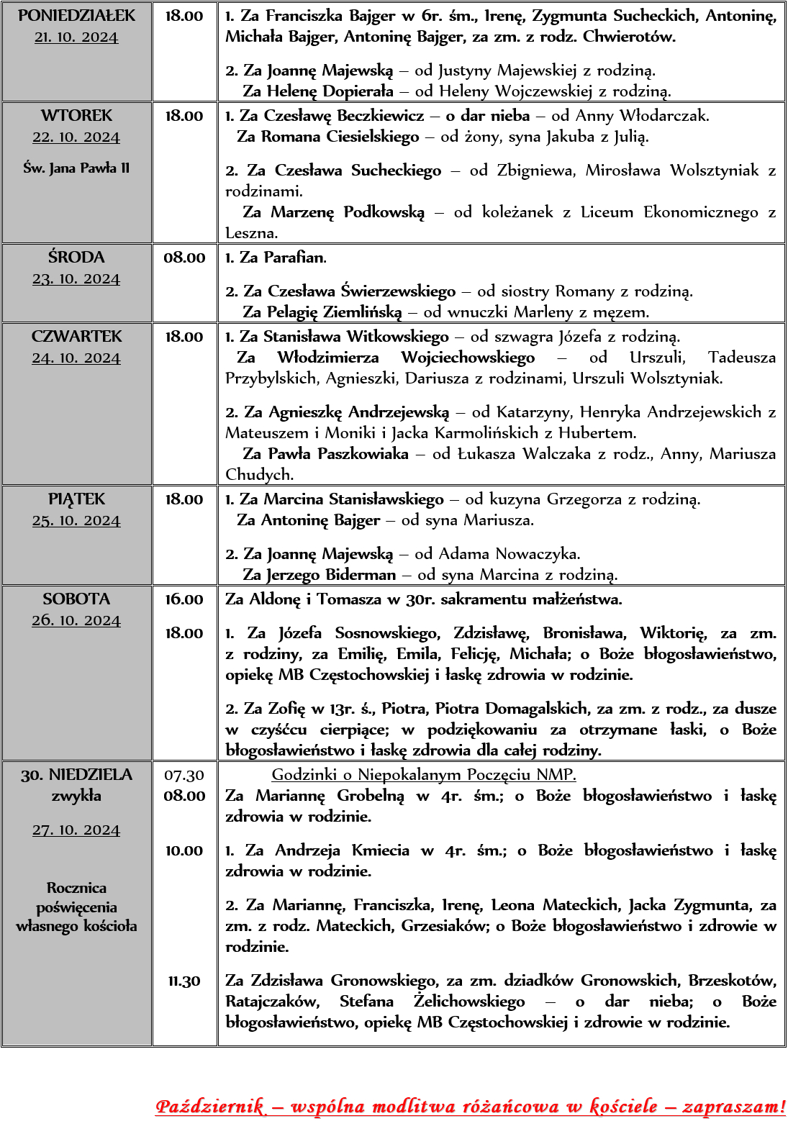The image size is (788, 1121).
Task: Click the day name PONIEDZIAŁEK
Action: [x=76, y=16]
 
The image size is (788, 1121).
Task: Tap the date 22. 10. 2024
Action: [x=76, y=137]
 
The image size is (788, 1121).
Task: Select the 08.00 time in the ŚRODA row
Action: [x=184, y=258]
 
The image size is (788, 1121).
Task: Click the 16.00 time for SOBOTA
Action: [x=184, y=599]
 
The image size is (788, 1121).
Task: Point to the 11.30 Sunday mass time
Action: [x=184, y=981]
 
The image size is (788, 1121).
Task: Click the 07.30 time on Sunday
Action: [x=184, y=775]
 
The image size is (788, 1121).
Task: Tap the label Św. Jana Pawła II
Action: [x=76, y=168]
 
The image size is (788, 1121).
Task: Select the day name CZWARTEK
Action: [x=76, y=337]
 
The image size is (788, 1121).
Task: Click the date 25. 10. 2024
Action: [x=76, y=520]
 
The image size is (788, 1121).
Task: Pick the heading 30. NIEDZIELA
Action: [x=76, y=775]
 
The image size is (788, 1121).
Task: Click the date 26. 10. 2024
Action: [x=76, y=620]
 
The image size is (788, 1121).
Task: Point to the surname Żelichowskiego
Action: [x=469, y=1002]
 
